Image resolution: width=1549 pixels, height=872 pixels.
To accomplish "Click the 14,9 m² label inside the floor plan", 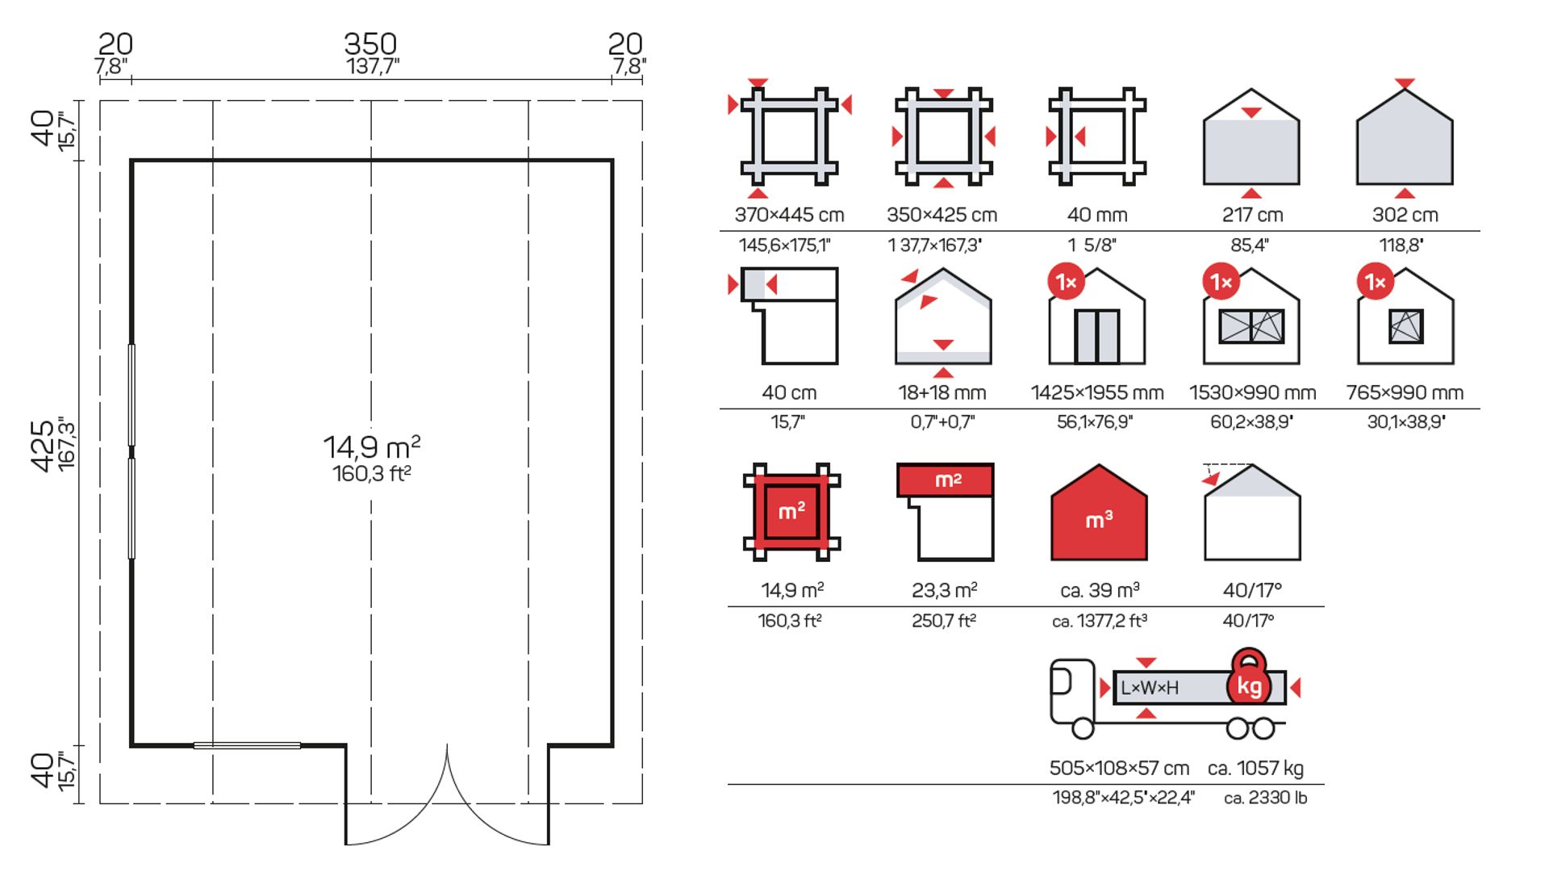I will click(x=372, y=446).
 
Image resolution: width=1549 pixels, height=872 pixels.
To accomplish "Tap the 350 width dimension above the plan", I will click(x=370, y=44).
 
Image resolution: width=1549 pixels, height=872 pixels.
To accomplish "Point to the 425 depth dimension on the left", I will click(x=43, y=445).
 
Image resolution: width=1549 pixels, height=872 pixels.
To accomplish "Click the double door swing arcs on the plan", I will click(x=447, y=799).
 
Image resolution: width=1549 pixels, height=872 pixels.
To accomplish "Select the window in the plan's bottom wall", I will click(x=247, y=745).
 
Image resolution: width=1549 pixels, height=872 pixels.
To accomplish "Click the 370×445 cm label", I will click(x=789, y=215).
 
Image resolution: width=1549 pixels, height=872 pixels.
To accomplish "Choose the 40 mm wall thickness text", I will click(x=1096, y=215).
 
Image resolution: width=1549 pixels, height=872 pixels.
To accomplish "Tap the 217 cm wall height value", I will click(x=1251, y=215).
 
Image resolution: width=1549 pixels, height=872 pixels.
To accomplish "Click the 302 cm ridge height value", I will click(x=1405, y=215).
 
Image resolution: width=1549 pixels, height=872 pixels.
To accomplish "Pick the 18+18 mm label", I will click(x=942, y=393).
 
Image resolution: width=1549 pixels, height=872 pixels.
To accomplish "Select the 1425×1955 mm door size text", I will click(x=1096, y=393).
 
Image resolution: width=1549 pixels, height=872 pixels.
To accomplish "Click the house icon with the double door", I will click(x=1096, y=319).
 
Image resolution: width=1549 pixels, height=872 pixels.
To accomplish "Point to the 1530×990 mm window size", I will click(x=1252, y=393).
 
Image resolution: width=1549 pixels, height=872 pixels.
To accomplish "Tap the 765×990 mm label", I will click(x=1405, y=393).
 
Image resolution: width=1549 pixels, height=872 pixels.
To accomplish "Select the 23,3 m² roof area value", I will click(x=944, y=590).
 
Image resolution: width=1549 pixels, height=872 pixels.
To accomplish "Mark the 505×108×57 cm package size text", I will click(x=1119, y=768).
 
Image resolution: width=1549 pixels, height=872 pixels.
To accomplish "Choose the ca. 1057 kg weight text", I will click(x=1255, y=768).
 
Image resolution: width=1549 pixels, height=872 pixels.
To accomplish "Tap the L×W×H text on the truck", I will click(x=1149, y=688).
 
